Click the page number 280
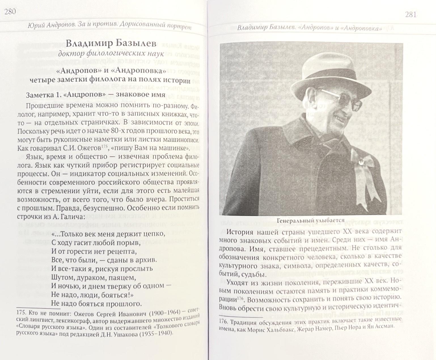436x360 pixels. click(x=10, y=12)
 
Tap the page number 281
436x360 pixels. click(x=410, y=14)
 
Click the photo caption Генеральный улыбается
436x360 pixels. click(x=310, y=220)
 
